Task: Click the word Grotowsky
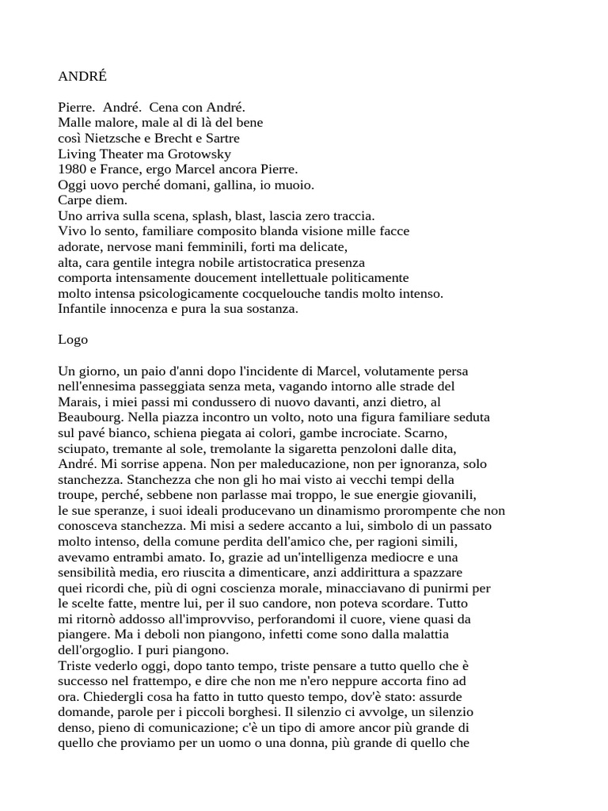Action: point(203,154)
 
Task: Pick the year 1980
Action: point(72,169)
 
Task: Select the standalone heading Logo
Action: point(73,340)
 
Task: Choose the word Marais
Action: point(77,402)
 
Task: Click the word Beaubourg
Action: point(92,417)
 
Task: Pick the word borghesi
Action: point(259,711)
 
